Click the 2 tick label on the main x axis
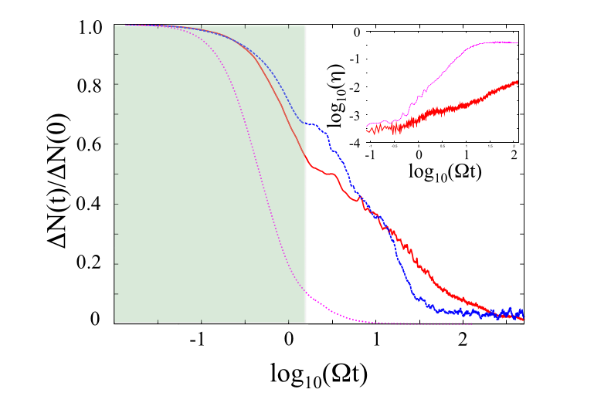pos(462,340)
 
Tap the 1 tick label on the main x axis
pos(376,340)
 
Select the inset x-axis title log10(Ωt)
pos(446,170)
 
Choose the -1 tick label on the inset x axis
pos(370,154)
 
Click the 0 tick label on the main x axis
pos(289,340)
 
